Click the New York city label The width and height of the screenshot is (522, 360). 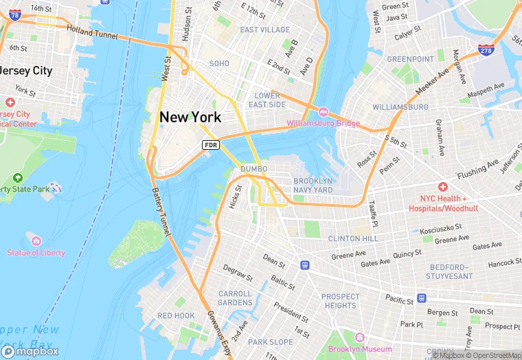(x=190, y=117)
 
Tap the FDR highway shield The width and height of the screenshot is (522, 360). (x=210, y=144)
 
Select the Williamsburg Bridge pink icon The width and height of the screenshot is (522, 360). (x=322, y=112)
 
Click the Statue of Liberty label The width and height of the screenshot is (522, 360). (x=36, y=252)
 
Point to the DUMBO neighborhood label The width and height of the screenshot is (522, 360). (x=253, y=169)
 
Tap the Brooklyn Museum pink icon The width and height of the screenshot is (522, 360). (x=359, y=337)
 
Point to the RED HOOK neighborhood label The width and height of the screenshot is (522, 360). (x=175, y=315)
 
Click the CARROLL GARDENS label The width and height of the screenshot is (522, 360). (x=235, y=298)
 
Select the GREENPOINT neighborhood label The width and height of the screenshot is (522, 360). (x=410, y=59)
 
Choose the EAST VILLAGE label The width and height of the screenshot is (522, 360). (x=265, y=30)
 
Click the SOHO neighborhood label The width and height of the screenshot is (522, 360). (x=219, y=63)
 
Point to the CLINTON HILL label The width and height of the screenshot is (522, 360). (x=352, y=238)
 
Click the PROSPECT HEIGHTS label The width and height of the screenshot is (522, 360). (x=340, y=301)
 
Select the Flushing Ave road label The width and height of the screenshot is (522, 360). (x=477, y=168)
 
